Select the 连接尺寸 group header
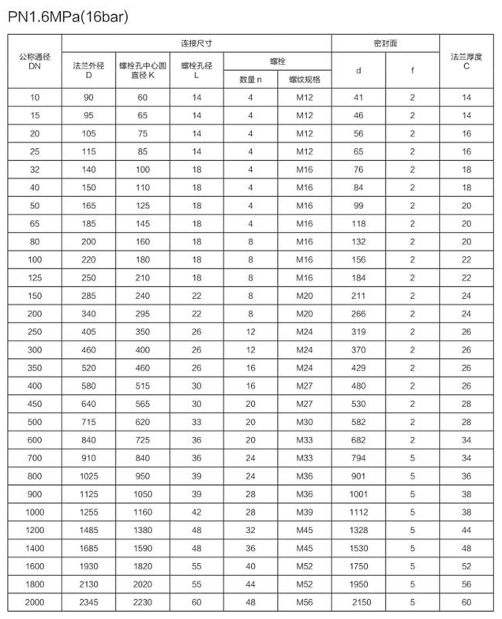click(x=197, y=43)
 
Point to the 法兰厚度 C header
click(x=466, y=61)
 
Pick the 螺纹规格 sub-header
click(x=304, y=79)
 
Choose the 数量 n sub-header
click(x=250, y=79)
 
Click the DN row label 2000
click(x=34, y=602)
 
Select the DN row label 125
click(x=34, y=278)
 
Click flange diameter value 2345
click(x=88, y=602)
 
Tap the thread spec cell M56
click(x=304, y=602)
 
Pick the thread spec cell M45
click(x=304, y=548)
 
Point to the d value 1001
click(x=358, y=494)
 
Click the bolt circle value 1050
click(x=142, y=494)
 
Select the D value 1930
click(x=88, y=566)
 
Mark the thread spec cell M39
click(x=304, y=513)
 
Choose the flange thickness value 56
click(x=466, y=584)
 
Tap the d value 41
click(x=358, y=97)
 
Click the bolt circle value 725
click(x=142, y=440)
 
